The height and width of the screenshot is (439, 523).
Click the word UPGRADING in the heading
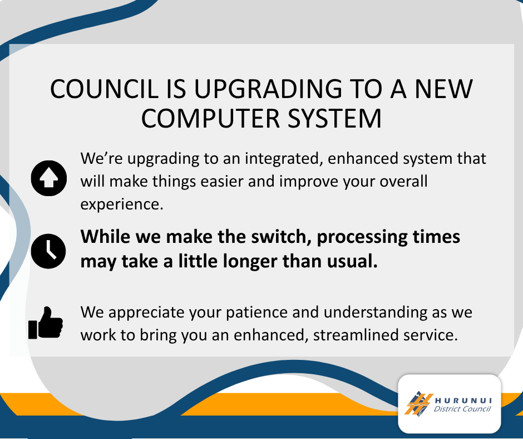(268, 89)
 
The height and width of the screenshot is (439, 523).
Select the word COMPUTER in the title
(210, 119)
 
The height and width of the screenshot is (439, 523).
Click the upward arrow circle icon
(49, 178)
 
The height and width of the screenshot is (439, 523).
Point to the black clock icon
(48, 251)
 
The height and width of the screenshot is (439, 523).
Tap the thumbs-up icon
(46, 323)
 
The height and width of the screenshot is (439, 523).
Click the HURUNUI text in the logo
(463, 401)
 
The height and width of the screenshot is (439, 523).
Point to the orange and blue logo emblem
(418, 404)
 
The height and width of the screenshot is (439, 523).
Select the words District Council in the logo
(462, 409)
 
